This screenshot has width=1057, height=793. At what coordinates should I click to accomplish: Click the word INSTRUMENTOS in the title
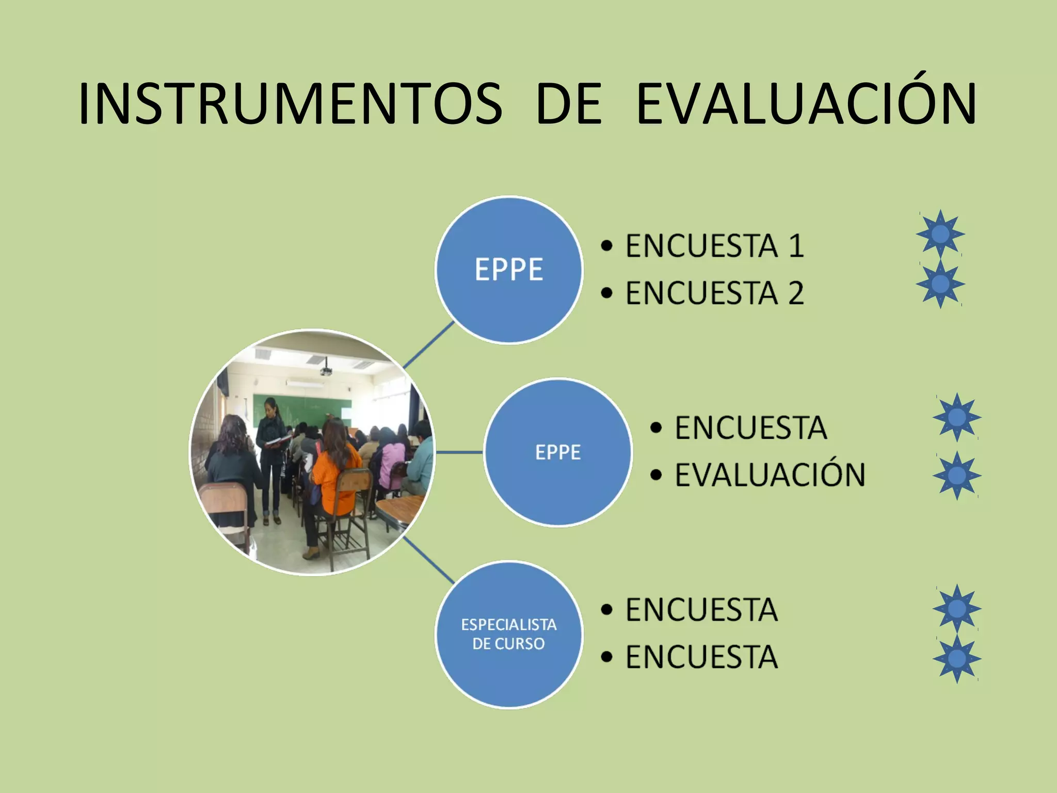pos(290,105)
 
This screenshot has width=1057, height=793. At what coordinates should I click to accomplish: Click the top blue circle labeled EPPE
pos(509,269)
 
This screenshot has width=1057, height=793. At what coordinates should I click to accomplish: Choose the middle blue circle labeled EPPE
pos(557,452)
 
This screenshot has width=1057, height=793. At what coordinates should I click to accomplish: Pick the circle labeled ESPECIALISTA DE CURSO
pos(509,635)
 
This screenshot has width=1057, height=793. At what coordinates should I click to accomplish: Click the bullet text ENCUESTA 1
pos(714,246)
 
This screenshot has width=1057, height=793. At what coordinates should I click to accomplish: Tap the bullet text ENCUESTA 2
pos(714,293)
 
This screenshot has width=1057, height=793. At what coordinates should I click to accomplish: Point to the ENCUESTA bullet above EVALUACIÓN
pos(750,428)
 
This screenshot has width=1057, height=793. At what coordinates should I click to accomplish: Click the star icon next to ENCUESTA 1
pos(940,234)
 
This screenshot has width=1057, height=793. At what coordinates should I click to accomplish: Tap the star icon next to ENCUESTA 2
pos(940,283)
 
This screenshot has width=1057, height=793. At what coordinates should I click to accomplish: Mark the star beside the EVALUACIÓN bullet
pos(956,475)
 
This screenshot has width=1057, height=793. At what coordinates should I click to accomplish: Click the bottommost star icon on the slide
pos(956,659)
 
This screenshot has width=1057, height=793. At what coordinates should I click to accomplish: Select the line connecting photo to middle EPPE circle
pos(459,452)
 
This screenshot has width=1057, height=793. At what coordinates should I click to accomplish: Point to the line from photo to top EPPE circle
pos(428,344)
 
